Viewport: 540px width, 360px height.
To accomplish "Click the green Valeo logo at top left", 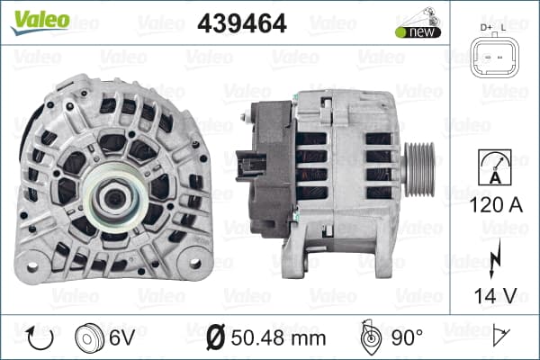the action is point(40,22).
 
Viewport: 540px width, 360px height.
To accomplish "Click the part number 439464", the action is point(242,23).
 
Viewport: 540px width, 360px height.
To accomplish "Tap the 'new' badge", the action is point(418,32).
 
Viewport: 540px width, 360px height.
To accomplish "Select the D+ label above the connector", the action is point(486,28).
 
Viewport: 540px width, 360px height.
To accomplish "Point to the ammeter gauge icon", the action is point(495,167).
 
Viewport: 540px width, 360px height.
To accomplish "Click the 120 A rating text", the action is point(496,205).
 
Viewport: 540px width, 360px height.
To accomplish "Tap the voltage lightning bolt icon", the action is point(495,258).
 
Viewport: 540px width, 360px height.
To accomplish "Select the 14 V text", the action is point(495,295).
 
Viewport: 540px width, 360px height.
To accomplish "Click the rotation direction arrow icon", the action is point(39,338).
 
